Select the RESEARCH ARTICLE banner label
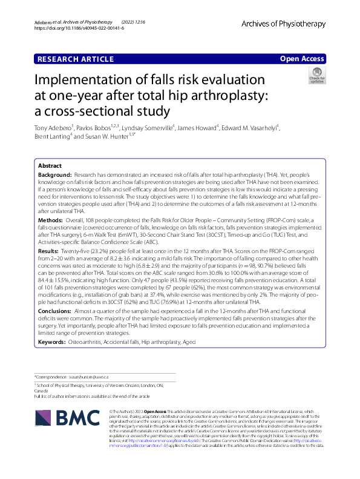[x=76, y=59]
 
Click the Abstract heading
[x=50, y=165]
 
